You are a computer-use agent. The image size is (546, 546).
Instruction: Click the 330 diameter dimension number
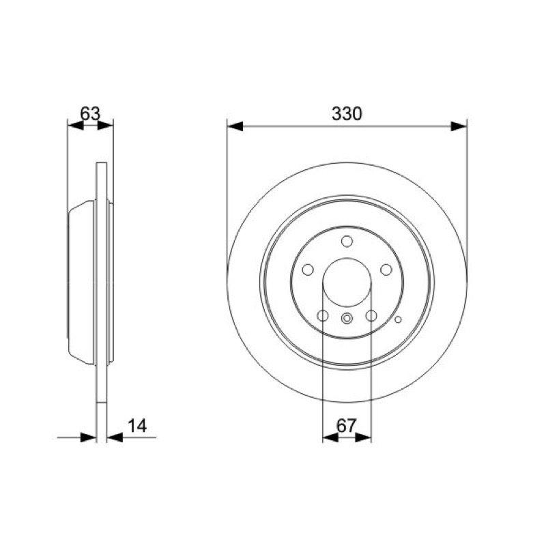pyautogui.click(x=347, y=114)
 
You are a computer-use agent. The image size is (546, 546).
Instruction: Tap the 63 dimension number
pyautogui.click(x=90, y=113)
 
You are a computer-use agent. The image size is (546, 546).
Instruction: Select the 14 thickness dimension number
pyautogui.click(x=137, y=425)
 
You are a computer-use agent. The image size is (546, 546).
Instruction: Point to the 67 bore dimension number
pyautogui.click(x=347, y=425)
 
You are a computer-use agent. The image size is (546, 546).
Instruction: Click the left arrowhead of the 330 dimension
pyautogui.click(x=235, y=126)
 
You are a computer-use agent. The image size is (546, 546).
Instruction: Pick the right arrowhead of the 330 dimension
pyautogui.click(x=459, y=126)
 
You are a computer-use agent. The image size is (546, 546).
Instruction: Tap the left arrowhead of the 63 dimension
pyautogui.click(x=76, y=126)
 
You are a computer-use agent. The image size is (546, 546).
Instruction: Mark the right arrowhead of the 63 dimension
pyautogui.click(x=105, y=126)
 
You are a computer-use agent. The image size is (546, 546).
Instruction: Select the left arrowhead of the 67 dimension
pyautogui.click(x=330, y=437)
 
